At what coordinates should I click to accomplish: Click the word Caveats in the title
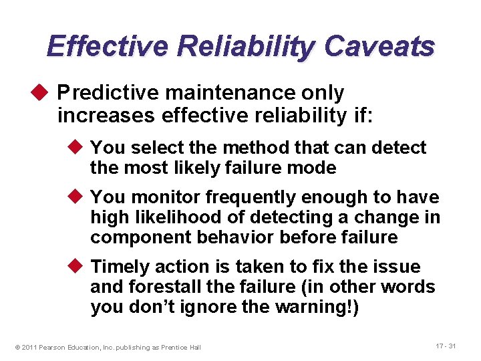tap(379, 47)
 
